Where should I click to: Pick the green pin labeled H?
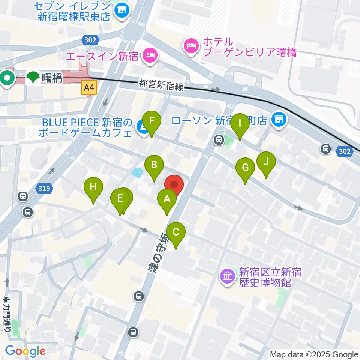(x=93, y=187)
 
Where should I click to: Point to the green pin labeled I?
(x=240, y=124)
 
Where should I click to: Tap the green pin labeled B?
(x=154, y=165)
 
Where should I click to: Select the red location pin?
(x=174, y=185)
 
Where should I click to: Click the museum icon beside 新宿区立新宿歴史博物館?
(x=228, y=277)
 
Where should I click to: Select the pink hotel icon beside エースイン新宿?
(x=150, y=56)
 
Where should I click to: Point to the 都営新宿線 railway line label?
(x=161, y=84)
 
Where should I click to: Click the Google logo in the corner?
(x=25, y=351)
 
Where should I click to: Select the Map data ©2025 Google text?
(x=314, y=354)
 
